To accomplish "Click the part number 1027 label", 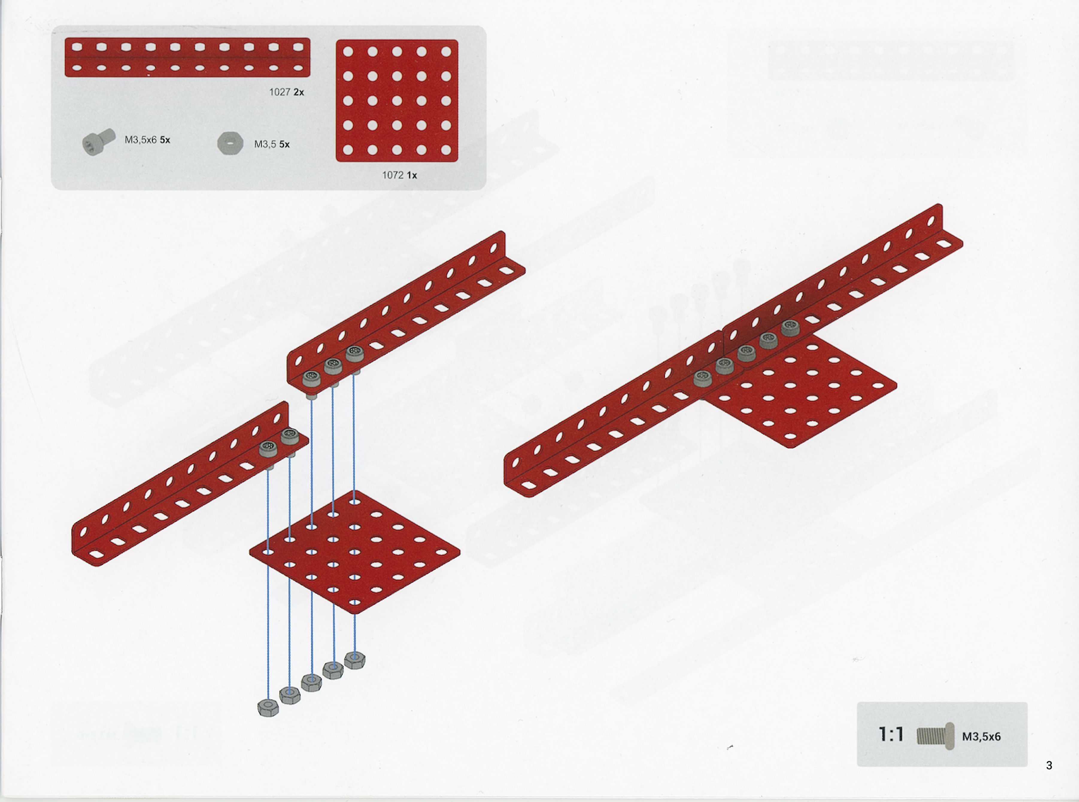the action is coord(280,92).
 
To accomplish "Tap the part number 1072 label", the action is coord(393,175).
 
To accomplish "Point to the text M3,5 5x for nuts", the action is coord(272,144).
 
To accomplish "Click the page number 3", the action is coord(1049,765).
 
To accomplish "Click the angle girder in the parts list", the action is coord(187,57).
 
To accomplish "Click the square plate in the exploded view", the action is coord(355,552).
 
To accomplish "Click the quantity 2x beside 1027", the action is coord(299,92).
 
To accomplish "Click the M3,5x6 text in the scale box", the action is coord(981,736).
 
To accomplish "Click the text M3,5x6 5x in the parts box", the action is coord(148,140).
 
